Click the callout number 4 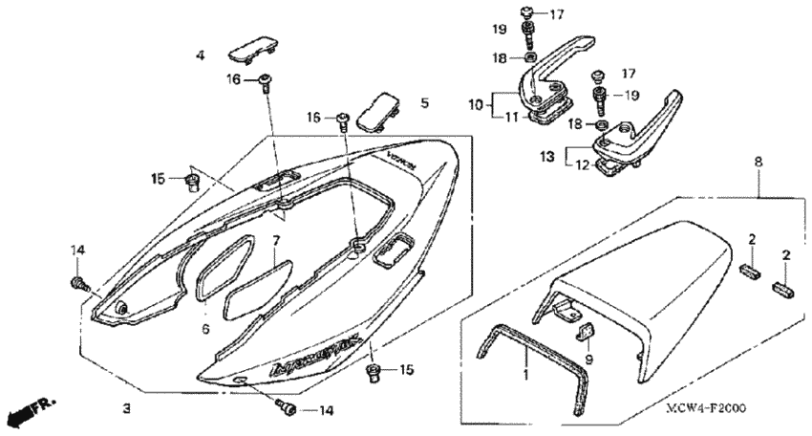click(201, 56)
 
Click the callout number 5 click(424, 100)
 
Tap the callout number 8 click(759, 163)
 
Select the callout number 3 click(126, 409)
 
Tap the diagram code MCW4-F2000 click(706, 408)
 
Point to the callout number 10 click(475, 102)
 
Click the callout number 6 click(204, 329)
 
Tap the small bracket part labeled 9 click(588, 332)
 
